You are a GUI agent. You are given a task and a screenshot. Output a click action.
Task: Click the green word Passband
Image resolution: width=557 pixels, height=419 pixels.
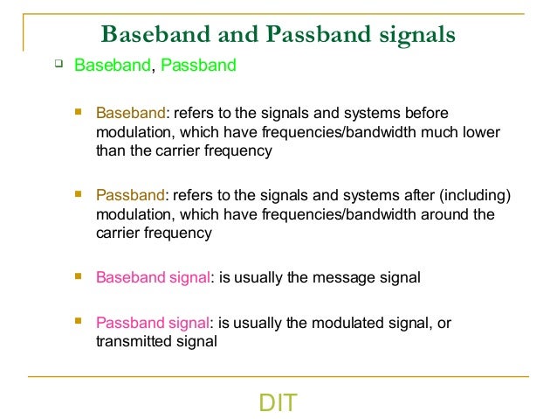click(x=197, y=66)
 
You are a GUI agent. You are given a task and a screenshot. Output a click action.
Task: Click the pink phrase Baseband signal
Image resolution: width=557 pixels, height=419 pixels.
click(x=153, y=277)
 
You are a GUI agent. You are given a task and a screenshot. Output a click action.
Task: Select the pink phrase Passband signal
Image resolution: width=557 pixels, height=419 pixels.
click(x=153, y=323)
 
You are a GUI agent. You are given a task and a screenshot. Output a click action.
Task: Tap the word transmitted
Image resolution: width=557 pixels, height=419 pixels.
click(x=133, y=341)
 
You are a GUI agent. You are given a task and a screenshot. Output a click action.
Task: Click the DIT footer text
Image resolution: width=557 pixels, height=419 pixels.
click(x=278, y=403)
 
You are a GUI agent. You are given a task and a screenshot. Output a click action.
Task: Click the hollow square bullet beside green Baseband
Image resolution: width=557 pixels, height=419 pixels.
click(x=58, y=64)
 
